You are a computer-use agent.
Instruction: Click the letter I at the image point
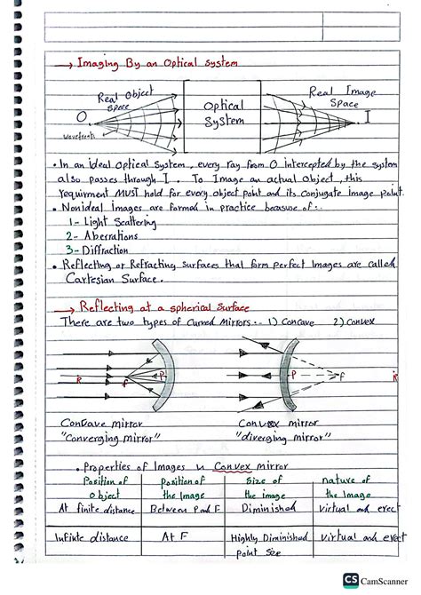[368, 117]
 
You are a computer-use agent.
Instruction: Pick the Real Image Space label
[334, 97]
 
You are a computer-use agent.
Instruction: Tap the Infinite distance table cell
[90, 538]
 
